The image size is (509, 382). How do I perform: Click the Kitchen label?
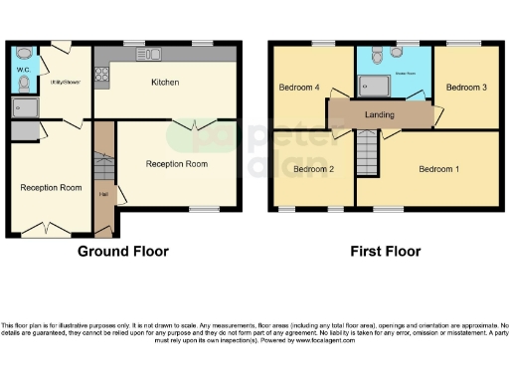pyautogui.click(x=164, y=83)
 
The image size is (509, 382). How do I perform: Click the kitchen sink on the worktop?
pyautogui.click(x=149, y=53)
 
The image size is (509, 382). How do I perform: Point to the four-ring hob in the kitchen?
pyautogui.click(x=101, y=73)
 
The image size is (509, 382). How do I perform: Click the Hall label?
pyautogui.click(x=102, y=193)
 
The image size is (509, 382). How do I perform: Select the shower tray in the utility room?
pyautogui.click(x=24, y=106)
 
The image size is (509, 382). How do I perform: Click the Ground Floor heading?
pyautogui.click(x=123, y=252)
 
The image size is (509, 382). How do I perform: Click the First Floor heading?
pyautogui.click(x=385, y=252)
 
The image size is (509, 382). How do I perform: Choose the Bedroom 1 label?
pyautogui.click(x=438, y=169)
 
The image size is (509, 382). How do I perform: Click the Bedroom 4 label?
pyautogui.click(x=302, y=88)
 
